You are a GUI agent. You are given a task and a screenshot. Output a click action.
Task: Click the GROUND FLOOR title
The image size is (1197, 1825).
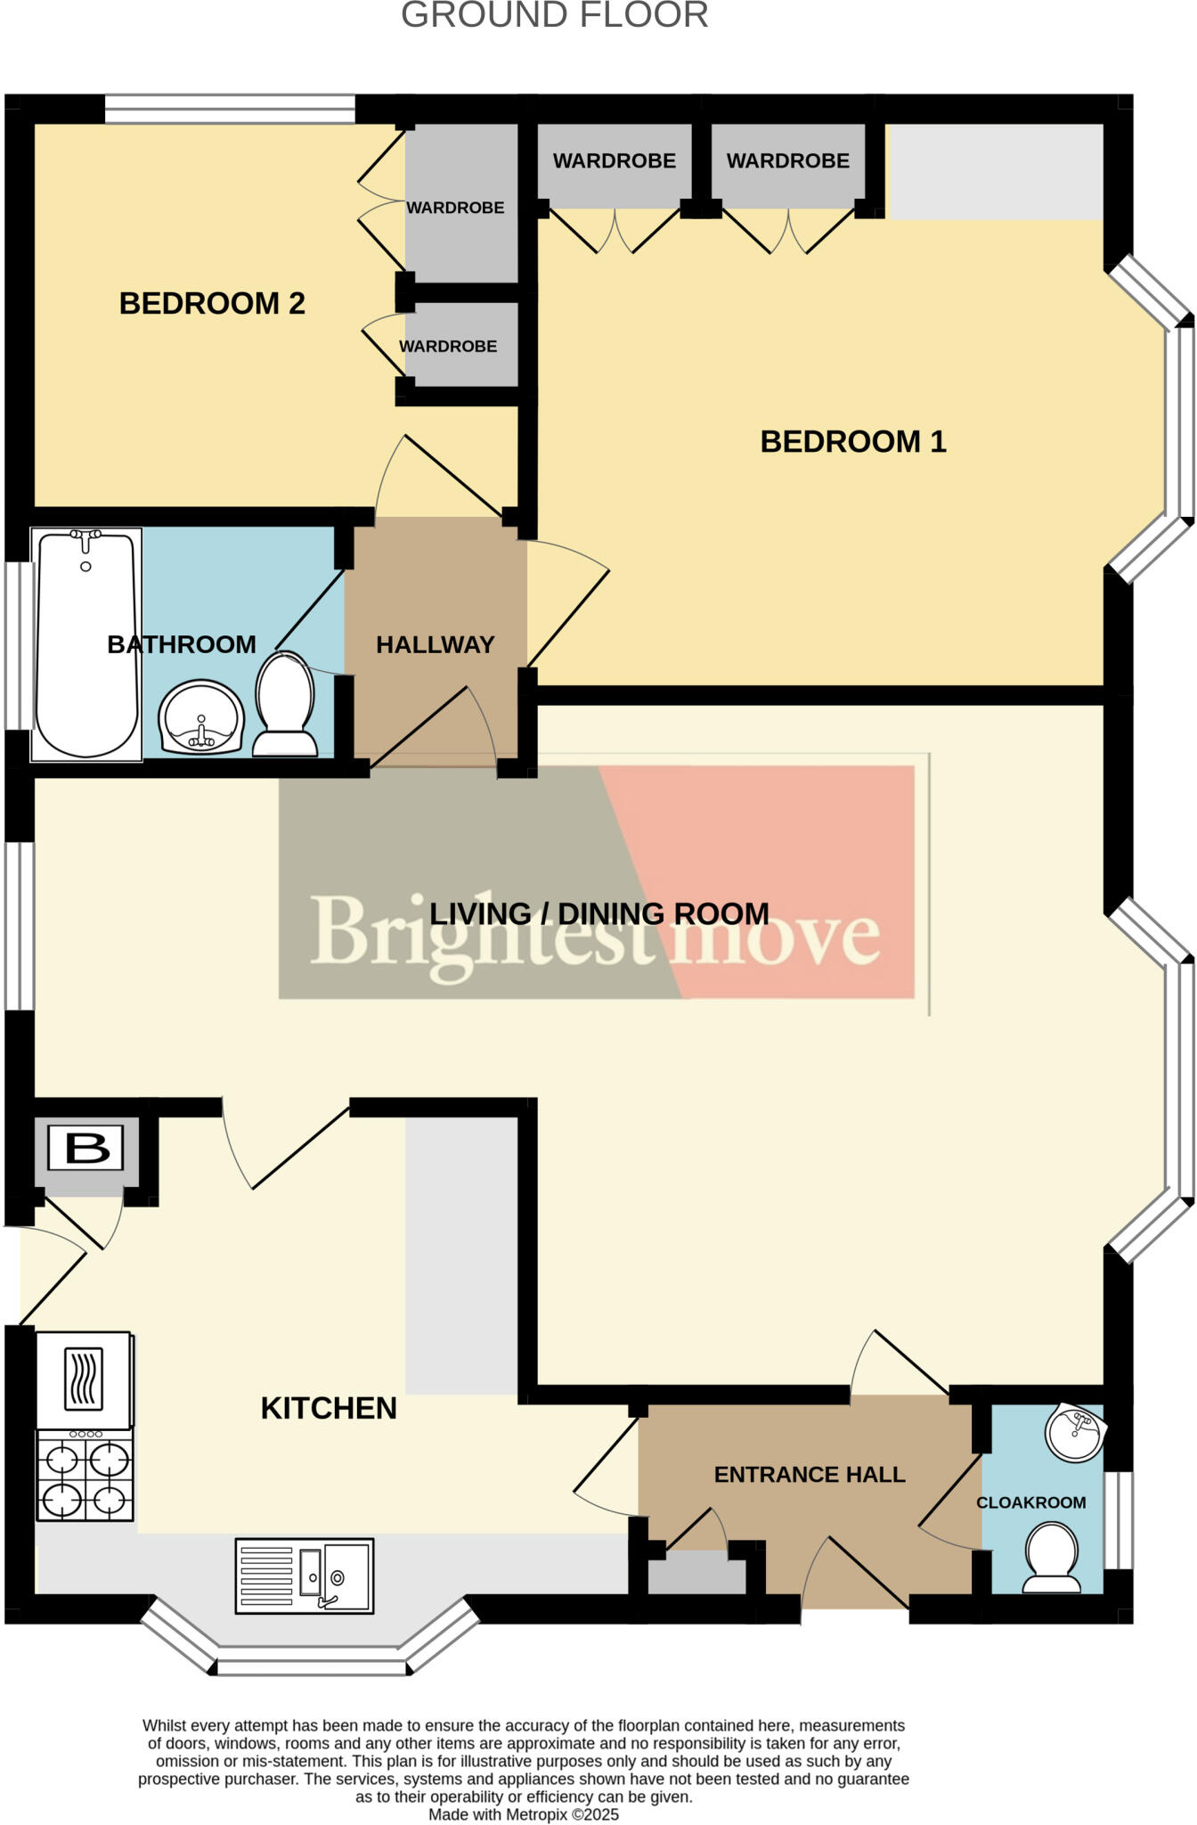point(554,16)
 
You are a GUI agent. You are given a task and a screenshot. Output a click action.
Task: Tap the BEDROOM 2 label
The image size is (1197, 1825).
point(212,304)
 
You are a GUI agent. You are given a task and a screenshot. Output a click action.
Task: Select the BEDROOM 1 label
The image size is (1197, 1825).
point(852,442)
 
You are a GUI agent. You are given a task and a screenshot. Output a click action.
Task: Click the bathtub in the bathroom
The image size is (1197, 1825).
point(86,643)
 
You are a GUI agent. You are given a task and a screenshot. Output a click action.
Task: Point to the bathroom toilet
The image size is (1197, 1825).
point(285,704)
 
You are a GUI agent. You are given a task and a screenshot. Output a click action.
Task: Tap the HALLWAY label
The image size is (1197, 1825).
point(435,645)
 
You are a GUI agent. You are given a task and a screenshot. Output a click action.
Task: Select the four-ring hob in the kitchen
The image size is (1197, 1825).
point(85,1475)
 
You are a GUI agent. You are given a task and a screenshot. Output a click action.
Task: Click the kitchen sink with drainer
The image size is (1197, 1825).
point(305,1575)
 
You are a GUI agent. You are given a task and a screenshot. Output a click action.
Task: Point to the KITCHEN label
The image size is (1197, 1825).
point(329,1409)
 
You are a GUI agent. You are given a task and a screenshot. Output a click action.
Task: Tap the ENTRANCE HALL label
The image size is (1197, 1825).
point(810,1475)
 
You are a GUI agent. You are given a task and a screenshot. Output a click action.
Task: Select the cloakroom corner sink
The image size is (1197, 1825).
point(1076,1434)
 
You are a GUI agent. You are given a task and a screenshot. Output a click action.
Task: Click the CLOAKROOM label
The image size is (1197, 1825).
point(1030,1503)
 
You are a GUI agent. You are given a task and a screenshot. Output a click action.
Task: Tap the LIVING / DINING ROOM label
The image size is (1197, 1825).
point(598,914)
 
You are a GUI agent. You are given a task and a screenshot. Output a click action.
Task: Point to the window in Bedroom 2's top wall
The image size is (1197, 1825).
point(230,109)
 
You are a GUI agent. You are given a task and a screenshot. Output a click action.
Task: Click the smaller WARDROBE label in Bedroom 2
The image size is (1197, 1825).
point(448,347)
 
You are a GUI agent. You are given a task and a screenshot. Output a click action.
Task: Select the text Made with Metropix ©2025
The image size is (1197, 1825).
point(524,1814)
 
